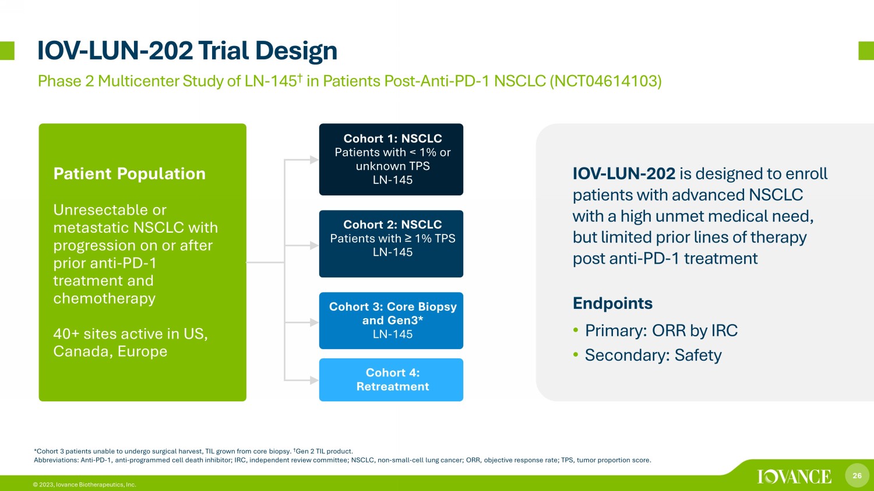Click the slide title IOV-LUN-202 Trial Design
tap(187, 51)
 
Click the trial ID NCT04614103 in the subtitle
tap(605, 81)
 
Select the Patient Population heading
tap(129, 174)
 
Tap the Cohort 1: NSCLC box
tap(391, 159)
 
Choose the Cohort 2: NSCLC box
tap(391, 244)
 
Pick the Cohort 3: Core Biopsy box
tap(391, 321)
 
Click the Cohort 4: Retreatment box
tap(391, 380)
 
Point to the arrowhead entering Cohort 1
tap(314, 159)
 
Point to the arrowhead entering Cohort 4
tap(314, 380)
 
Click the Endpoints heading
tap(612, 303)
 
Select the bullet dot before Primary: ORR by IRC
tap(576, 330)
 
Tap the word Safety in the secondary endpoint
tap(698, 355)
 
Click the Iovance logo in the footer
tap(794, 476)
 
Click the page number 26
tap(857, 475)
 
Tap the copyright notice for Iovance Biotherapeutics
tap(84, 485)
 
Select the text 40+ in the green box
tap(66, 334)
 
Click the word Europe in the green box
tap(142, 352)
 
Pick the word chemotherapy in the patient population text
tap(104, 298)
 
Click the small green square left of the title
tap(7, 51)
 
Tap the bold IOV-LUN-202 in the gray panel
tap(624, 174)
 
